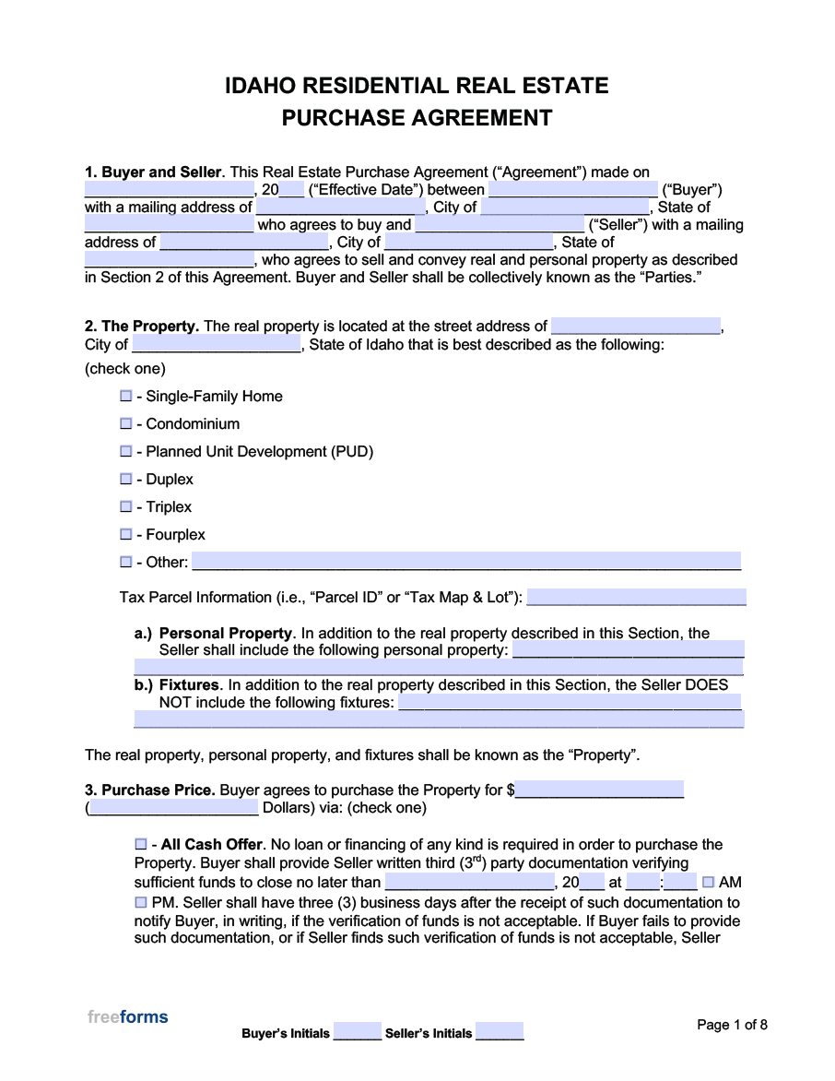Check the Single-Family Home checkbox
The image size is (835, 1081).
pos(126,396)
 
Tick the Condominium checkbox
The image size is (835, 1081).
pos(126,423)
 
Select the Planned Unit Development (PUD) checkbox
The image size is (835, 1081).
pos(126,451)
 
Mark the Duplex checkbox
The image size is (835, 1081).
pos(126,479)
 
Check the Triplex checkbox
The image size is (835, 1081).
pos(126,506)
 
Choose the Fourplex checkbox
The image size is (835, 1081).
pos(126,534)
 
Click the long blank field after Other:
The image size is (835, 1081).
pos(465,562)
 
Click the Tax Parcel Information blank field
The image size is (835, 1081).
pos(635,597)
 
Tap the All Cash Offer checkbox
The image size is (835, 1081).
pos(141,844)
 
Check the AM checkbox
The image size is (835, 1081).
pos(708,882)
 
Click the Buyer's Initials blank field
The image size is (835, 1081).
pos(357,1032)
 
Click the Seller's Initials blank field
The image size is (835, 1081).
pos(500,1032)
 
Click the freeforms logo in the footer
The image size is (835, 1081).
pos(128,1017)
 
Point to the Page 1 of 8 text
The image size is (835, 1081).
pos(732,1025)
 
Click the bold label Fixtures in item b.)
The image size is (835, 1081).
pos(189,685)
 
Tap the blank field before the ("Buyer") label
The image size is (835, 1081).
pos(572,189)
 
